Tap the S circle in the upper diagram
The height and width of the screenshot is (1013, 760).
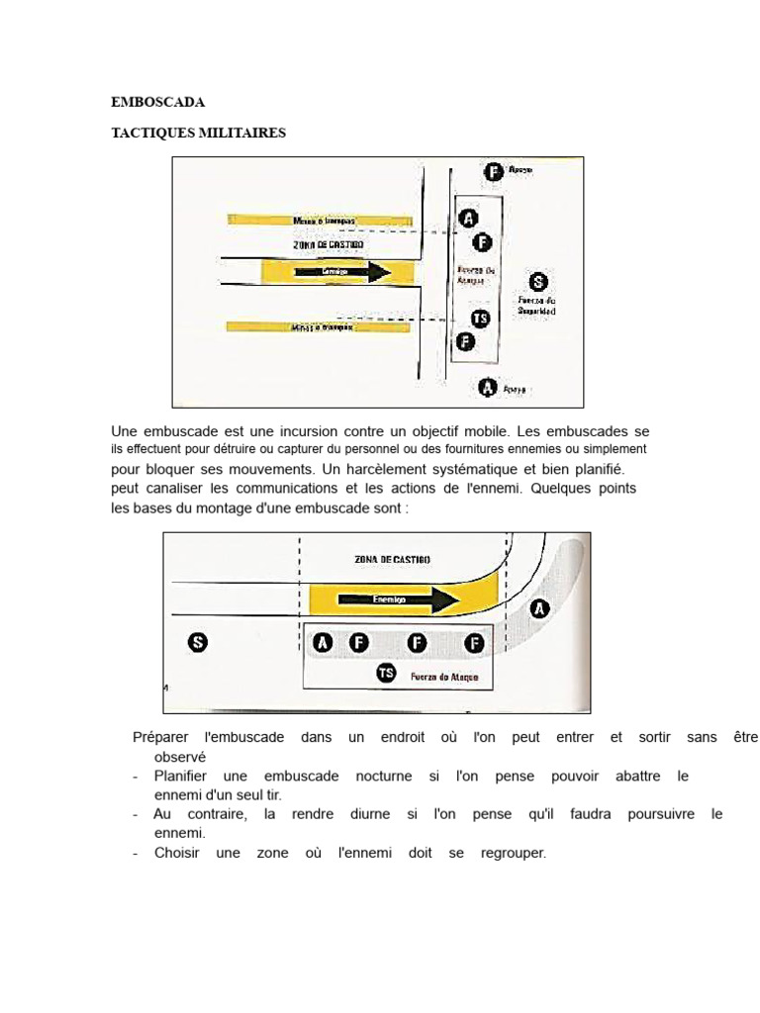point(536,281)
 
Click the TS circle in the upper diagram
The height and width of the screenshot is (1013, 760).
point(480,319)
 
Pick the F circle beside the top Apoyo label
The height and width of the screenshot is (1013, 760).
point(492,172)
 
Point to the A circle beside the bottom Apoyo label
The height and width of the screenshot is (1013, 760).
point(487,388)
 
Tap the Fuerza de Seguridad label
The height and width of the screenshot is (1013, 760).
point(536,305)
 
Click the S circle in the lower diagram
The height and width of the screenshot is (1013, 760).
point(198,643)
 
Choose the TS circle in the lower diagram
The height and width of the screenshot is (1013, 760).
point(386,674)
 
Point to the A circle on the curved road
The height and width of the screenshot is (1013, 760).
point(539,608)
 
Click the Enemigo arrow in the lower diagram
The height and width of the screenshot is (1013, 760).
point(396,599)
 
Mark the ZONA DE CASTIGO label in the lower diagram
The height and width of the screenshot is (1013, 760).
point(392,559)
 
